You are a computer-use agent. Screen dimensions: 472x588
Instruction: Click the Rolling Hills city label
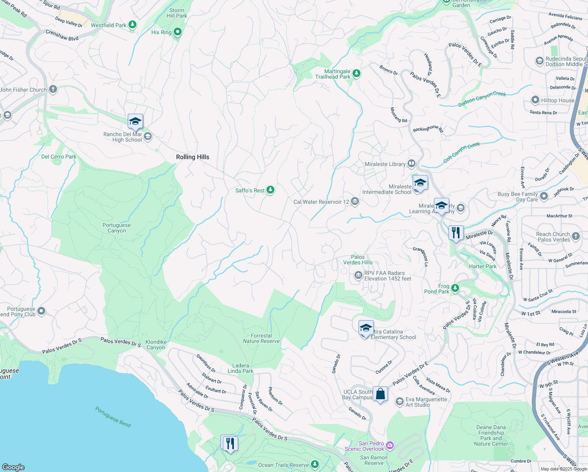click(x=193, y=157)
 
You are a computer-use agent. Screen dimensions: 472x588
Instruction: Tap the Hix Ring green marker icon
click(x=178, y=32)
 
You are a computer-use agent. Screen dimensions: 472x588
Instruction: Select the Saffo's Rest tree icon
click(x=270, y=190)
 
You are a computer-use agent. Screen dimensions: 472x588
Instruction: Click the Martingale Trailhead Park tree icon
click(x=356, y=74)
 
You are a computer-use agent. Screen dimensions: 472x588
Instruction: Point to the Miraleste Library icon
click(x=412, y=163)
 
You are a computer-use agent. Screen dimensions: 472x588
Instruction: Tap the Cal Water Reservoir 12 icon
click(x=355, y=202)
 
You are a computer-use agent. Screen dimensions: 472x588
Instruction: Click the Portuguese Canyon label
click(x=117, y=228)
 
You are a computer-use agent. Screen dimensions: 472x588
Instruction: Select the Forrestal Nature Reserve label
click(x=261, y=338)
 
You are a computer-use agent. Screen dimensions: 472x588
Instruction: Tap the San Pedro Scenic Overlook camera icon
click(x=390, y=445)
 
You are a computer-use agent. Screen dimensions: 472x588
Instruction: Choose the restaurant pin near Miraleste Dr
click(x=456, y=233)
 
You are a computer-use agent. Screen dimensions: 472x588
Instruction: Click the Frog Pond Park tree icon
click(x=455, y=288)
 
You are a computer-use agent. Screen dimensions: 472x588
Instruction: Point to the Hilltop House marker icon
click(x=535, y=100)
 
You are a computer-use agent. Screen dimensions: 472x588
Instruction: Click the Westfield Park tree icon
click(x=133, y=25)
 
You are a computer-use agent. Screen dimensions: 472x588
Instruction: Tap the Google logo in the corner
click(x=13, y=467)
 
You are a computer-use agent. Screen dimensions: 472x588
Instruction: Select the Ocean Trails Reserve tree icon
click(x=315, y=465)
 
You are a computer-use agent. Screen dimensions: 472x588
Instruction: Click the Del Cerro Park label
click(x=59, y=157)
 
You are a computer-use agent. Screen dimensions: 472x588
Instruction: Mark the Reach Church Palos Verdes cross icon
click(x=576, y=236)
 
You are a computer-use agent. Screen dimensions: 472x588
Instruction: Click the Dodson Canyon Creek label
click(x=482, y=99)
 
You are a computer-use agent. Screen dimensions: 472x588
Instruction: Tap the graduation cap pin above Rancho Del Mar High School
click(x=135, y=121)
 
